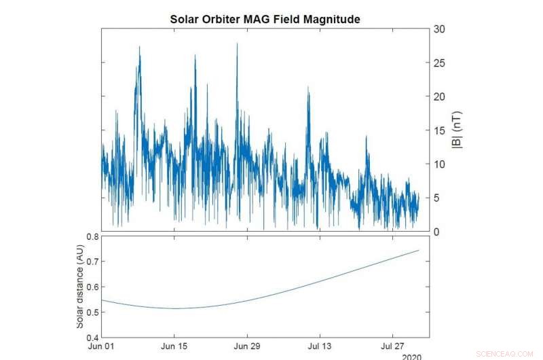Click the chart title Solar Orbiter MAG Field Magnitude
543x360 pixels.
[265, 20]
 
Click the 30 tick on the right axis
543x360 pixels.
[440, 29]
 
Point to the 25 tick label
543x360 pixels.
[440, 63]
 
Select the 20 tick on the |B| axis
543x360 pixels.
[440, 96]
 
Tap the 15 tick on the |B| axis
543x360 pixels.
[440, 130]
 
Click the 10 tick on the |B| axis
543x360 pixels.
[440, 164]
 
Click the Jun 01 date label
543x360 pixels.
[102, 346]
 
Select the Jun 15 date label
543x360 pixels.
[174, 346]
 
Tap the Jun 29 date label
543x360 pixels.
[247, 346]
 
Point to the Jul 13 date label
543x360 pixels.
[320, 346]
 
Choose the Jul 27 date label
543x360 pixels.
[392, 346]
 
